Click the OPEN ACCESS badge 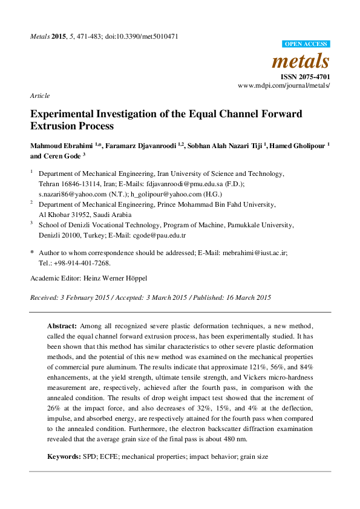(306, 44)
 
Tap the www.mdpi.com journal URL (284, 86)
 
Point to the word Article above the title (40, 96)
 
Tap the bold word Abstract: (62, 325)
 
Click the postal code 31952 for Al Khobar (85, 214)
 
